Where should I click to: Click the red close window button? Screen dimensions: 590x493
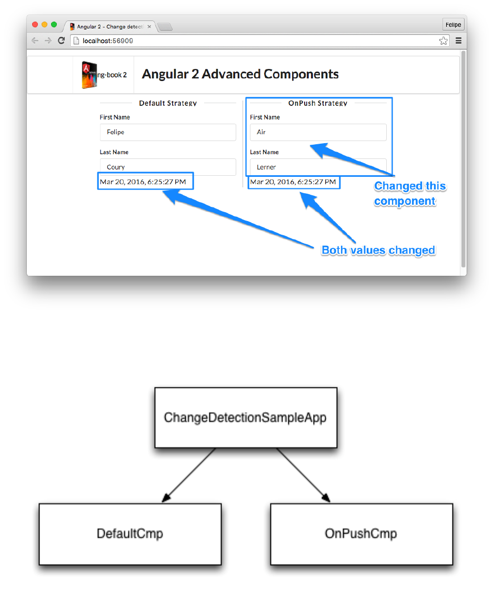(35, 25)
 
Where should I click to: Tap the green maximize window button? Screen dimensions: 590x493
(54, 25)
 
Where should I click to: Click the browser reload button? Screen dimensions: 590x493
(61, 41)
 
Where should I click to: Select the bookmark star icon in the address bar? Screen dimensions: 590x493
(444, 41)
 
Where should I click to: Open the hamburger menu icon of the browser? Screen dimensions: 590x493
(458, 41)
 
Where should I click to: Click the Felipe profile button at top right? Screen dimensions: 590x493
(453, 25)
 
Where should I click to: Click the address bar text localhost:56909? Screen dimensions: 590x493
(108, 41)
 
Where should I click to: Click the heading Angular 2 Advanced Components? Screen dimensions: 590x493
(240, 74)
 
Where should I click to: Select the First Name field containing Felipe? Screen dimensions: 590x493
(168, 132)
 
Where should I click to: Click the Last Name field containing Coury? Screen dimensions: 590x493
(168, 167)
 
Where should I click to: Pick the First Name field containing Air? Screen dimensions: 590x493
(318, 132)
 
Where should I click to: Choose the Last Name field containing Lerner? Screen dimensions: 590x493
(318, 167)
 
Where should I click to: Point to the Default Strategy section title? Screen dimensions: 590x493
(168, 103)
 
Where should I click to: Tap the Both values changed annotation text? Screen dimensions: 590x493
(378, 250)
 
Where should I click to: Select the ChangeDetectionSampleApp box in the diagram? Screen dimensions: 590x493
(245, 418)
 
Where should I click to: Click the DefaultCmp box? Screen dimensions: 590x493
(130, 534)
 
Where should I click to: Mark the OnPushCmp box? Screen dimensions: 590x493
(361, 534)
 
